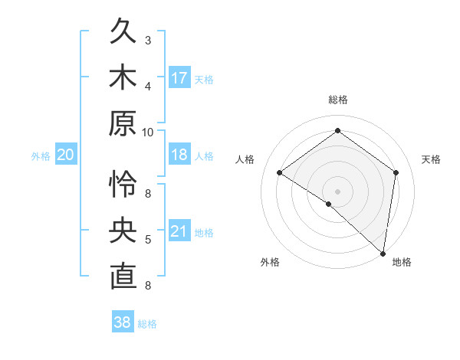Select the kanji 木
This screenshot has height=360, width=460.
tap(123, 78)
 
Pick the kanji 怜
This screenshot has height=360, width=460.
tap(123, 185)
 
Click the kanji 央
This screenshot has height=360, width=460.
tap(123, 231)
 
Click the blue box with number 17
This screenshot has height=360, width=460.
tap(179, 78)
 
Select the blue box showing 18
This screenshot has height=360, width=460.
tap(179, 155)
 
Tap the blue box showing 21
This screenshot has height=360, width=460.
tap(179, 232)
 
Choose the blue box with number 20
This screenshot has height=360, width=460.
tap(65, 155)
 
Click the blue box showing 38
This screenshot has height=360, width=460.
tap(123, 322)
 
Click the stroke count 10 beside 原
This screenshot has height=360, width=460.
tap(148, 132)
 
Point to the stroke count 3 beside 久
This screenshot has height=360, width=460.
tap(148, 40)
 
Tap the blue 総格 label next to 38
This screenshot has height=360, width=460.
tap(148, 324)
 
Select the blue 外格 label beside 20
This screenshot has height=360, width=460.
tap(41, 156)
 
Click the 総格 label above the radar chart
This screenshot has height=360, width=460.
tap(337, 100)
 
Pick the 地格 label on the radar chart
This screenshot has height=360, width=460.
tap(402, 262)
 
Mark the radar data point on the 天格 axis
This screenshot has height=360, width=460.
tap(396, 172)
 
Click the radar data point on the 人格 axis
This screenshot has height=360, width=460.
tap(280, 172)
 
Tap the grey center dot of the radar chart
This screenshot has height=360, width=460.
tap(337, 191)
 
